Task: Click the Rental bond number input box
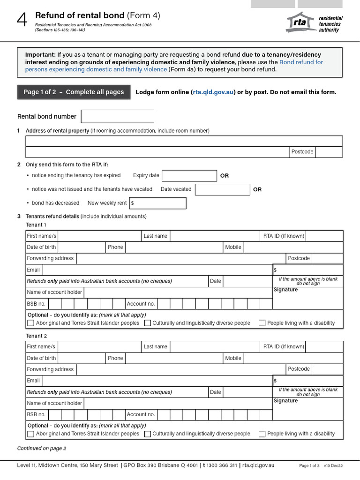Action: coord(117,116)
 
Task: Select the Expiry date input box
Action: coord(189,176)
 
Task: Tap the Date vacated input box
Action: coord(222,189)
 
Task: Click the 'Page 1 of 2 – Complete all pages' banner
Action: coord(74,92)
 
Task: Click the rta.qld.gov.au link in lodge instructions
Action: coord(214,92)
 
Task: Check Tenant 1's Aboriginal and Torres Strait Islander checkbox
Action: coord(31,323)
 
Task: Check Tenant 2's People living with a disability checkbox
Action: coord(262,434)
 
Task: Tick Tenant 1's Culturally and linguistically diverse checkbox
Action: coord(148,323)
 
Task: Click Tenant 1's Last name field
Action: coord(215,236)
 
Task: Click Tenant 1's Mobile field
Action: coord(293,247)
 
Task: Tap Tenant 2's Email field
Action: coord(157,381)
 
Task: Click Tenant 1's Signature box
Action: coord(307,300)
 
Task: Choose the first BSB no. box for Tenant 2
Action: coord(54,414)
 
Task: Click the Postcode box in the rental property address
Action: coord(329,152)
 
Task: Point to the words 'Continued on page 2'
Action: coord(42,448)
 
